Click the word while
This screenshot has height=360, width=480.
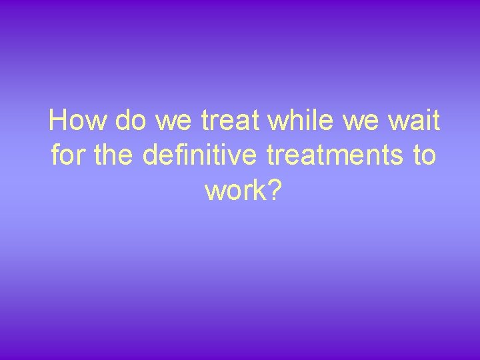299,121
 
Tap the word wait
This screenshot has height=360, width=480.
414,121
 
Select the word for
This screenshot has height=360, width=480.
65,156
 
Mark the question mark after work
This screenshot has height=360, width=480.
275,191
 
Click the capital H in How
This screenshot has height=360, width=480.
59,121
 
